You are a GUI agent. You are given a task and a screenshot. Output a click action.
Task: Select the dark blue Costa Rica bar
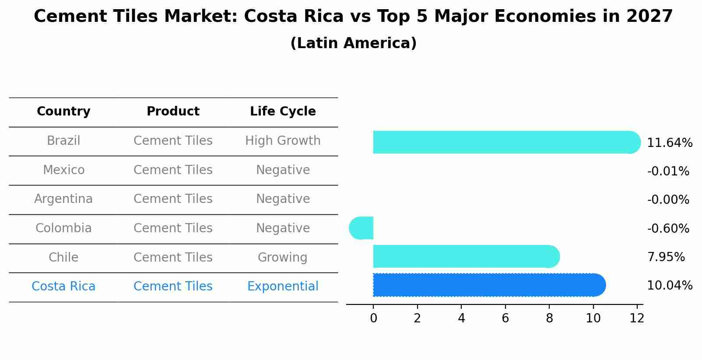click(488, 285)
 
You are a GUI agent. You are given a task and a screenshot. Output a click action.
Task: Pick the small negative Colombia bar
click(362, 228)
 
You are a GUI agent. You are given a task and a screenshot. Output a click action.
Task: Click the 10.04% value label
click(669, 286)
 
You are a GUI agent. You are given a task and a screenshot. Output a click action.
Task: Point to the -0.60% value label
click(668, 228)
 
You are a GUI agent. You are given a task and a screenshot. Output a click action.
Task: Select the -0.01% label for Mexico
click(668, 171)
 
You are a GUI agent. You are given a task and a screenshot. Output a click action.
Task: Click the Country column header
click(63, 112)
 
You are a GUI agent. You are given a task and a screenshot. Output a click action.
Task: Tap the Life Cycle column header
click(283, 112)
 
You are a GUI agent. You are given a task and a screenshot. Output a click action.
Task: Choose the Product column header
click(173, 112)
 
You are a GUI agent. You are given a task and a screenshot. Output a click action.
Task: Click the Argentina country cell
click(63, 199)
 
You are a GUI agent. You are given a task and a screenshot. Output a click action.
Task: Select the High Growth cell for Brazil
click(283, 141)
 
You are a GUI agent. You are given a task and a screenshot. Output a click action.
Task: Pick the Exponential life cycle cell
click(283, 287)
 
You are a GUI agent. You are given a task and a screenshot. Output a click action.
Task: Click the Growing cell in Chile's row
click(283, 257)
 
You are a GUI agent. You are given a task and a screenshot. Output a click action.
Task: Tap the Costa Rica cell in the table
click(63, 287)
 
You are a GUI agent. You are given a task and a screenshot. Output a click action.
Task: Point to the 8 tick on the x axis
click(549, 318)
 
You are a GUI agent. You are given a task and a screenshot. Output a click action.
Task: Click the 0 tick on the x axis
click(373, 318)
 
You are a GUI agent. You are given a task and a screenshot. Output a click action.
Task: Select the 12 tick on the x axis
click(637, 318)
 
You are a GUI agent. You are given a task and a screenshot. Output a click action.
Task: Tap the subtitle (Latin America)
click(353, 43)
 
